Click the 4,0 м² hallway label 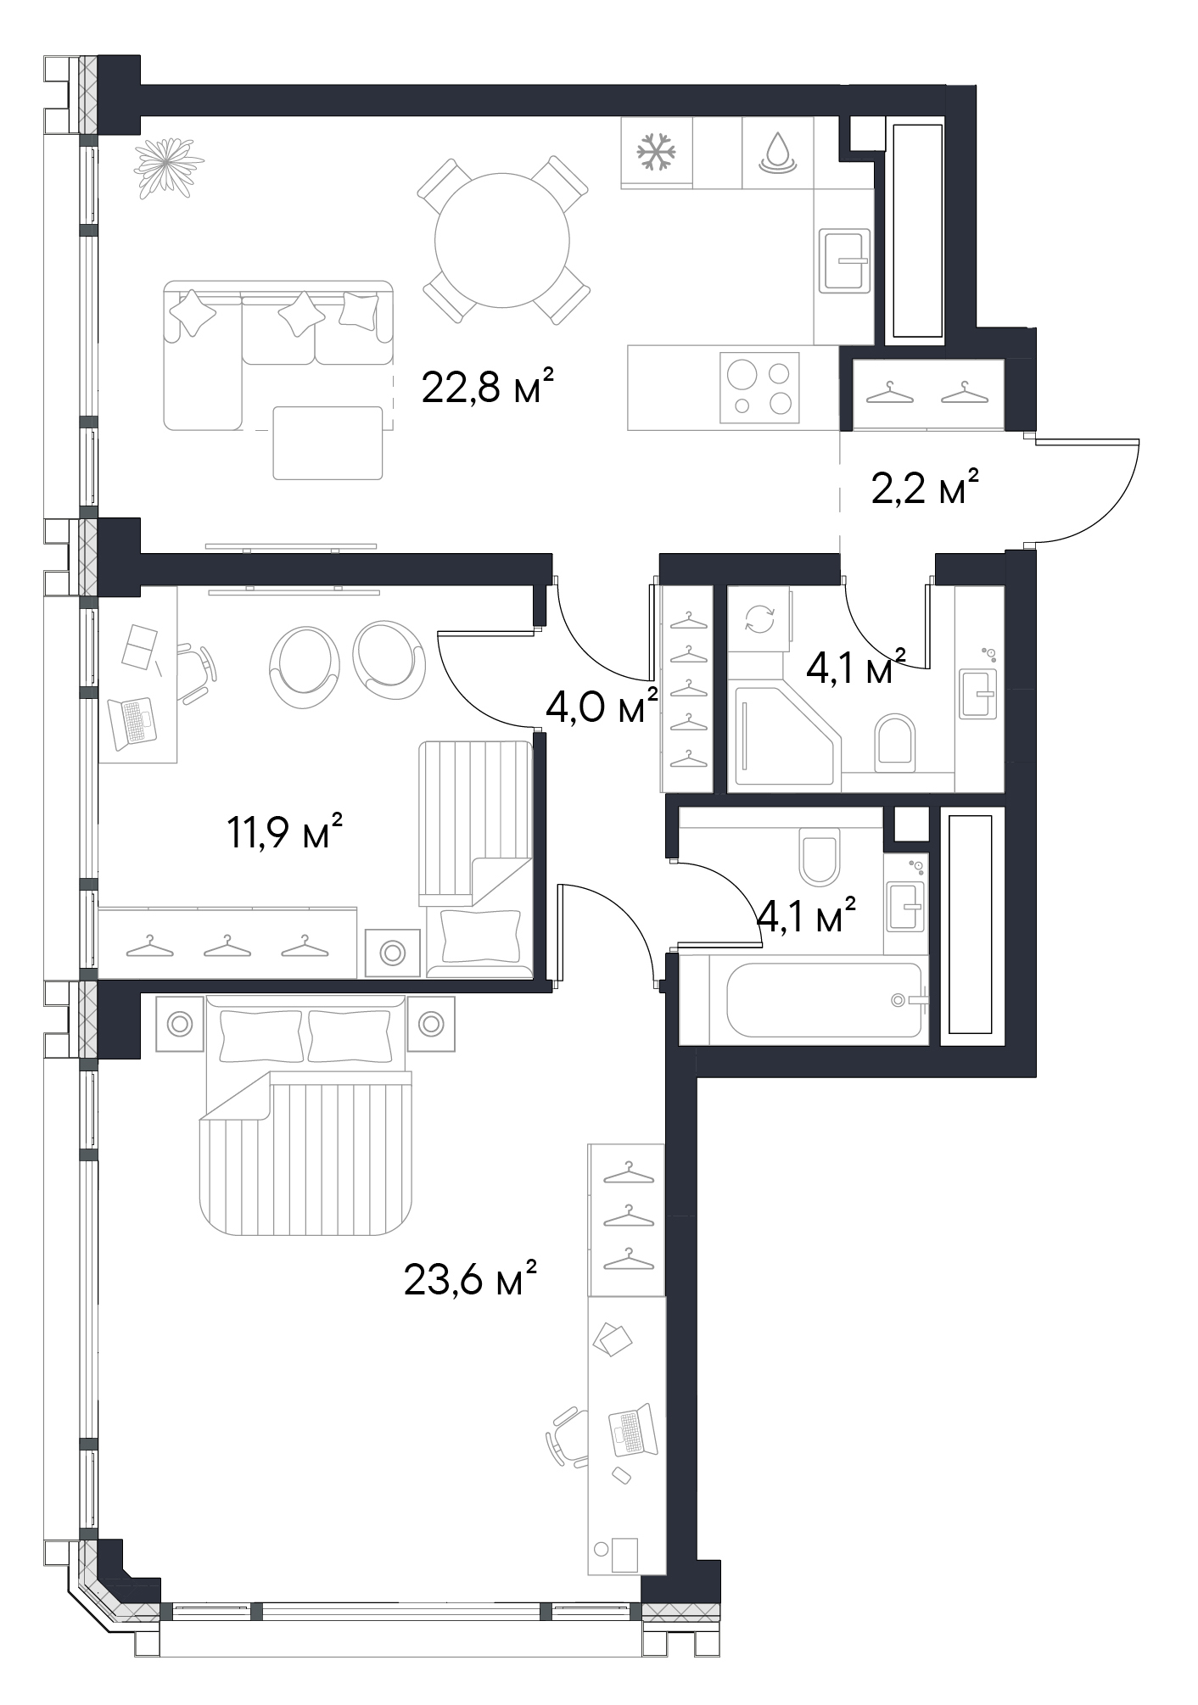tap(602, 706)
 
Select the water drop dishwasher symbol tap(777, 153)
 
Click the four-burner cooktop tap(759, 387)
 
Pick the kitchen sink tap(845, 261)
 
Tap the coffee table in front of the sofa tap(327, 443)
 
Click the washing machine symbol tap(759, 619)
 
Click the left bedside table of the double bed tap(180, 1024)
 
